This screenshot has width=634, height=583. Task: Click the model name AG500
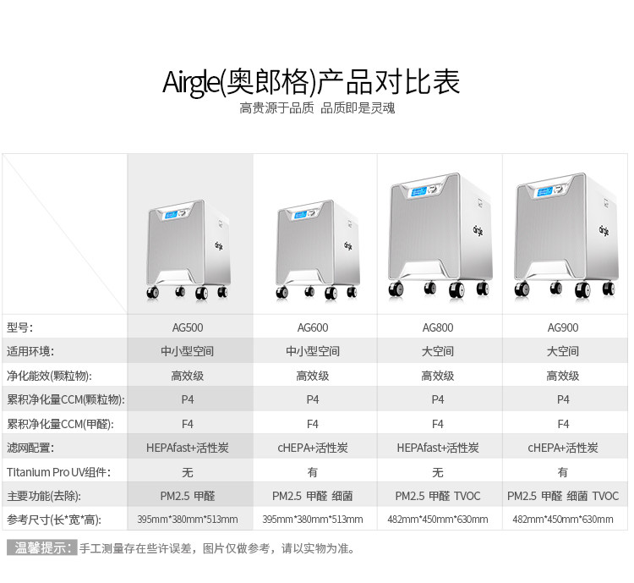[x=188, y=327]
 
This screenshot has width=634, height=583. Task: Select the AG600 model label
[x=313, y=327]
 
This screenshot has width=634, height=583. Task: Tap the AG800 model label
[x=438, y=327]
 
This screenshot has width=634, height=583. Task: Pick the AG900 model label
[x=563, y=327]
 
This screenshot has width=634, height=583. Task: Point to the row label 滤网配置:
[x=30, y=448]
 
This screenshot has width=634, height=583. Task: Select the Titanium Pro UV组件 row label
[x=58, y=472]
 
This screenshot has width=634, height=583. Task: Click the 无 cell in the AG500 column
[x=188, y=472]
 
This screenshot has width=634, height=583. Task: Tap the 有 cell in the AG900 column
[x=563, y=472]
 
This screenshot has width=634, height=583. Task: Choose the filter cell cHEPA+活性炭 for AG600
[x=313, y=448]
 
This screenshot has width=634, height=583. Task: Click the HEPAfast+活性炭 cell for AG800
[x=438, y=448]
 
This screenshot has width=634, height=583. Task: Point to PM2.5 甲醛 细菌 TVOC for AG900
[x=563, y=496]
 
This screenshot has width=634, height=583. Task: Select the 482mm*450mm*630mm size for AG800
[x=438, y=520]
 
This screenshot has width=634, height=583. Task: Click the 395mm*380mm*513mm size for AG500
[x=188, y=520]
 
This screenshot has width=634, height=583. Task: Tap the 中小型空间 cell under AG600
[x=313, y=351]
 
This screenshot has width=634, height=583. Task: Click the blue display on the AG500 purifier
[x=167, y=216]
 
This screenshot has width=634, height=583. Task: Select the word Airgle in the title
[x=191, y=83]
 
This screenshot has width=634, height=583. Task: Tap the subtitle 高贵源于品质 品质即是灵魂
[x=317, y=108]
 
